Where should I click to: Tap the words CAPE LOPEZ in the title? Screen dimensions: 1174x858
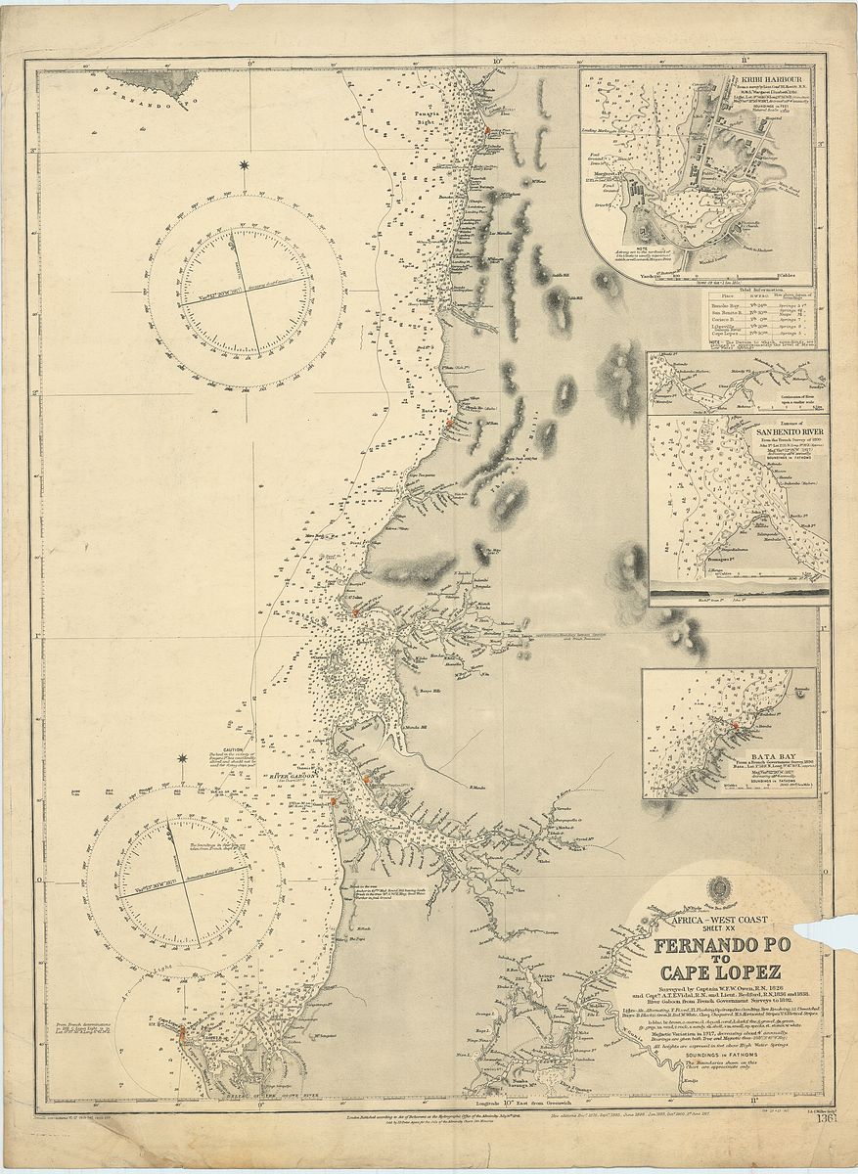coord(719,972)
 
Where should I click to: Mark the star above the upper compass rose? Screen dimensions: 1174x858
coord(244,165)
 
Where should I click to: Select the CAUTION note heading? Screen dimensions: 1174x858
coord(232,750)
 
